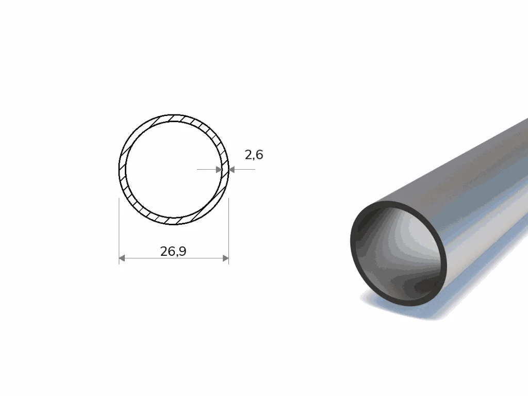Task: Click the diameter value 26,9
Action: click(x=173, y=251)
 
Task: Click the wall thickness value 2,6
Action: click(x=254, y=155)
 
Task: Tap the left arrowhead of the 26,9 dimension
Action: click(x=122, y=258)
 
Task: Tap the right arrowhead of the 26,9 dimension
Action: click(x=226, y=258)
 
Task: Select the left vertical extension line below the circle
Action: click(x=119, y=231)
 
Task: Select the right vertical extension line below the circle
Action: click(x=228, y=231)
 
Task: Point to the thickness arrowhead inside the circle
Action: click(x=219, y=169)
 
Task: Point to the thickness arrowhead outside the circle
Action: click(x=232, y=169)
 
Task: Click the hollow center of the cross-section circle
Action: click(x=173, y=169)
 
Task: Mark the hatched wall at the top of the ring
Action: click(x=173, y=118)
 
